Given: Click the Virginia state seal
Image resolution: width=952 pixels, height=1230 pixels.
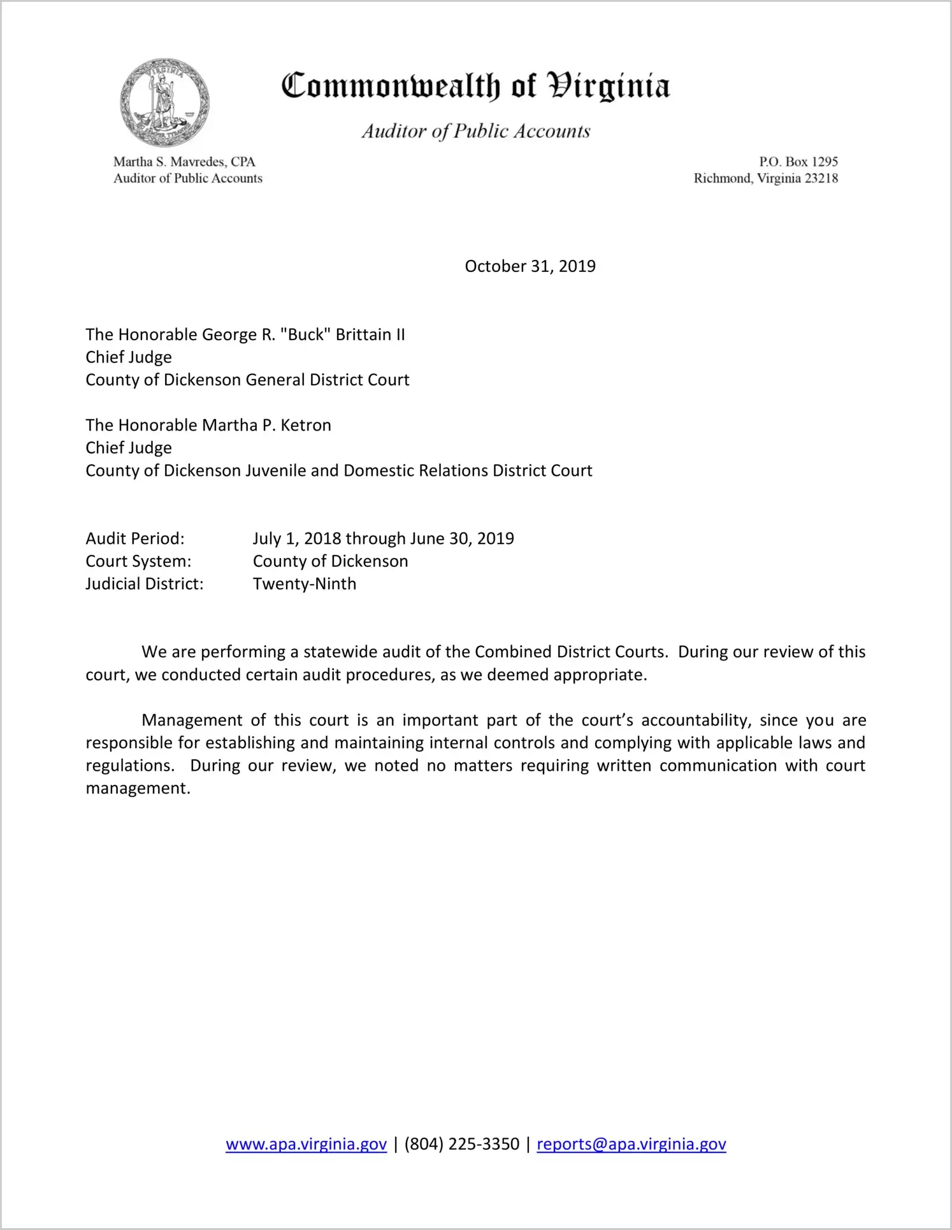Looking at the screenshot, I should point(164,102).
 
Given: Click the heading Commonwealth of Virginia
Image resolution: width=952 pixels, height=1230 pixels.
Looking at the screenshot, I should point(475,86).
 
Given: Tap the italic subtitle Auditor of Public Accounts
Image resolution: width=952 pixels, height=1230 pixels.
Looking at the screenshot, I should point(476,131).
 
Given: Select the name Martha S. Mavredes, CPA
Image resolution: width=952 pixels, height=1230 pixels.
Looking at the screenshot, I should point(184,162).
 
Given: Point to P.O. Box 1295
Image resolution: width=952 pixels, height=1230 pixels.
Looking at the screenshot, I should point(798,162).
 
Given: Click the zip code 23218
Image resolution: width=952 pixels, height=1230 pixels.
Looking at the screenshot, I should point(821,178).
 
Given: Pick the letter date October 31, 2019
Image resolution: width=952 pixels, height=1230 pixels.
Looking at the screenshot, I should point(530,266).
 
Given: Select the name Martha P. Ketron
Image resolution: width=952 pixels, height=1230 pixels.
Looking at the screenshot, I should point(267,425).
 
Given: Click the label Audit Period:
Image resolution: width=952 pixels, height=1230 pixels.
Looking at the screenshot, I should point(135,539).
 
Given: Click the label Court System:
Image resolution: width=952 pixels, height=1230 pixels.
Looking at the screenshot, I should point(138,561).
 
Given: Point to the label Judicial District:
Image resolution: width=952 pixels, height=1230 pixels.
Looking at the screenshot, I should point(145,584).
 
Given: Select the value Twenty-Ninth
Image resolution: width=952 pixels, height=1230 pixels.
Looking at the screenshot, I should point(305,584).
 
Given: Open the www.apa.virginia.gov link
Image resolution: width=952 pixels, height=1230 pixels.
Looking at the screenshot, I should point(306,1145).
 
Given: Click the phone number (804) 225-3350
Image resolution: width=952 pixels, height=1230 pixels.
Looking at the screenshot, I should point(462,1145).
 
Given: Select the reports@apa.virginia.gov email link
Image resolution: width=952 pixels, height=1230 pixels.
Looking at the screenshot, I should point(631,1145).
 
